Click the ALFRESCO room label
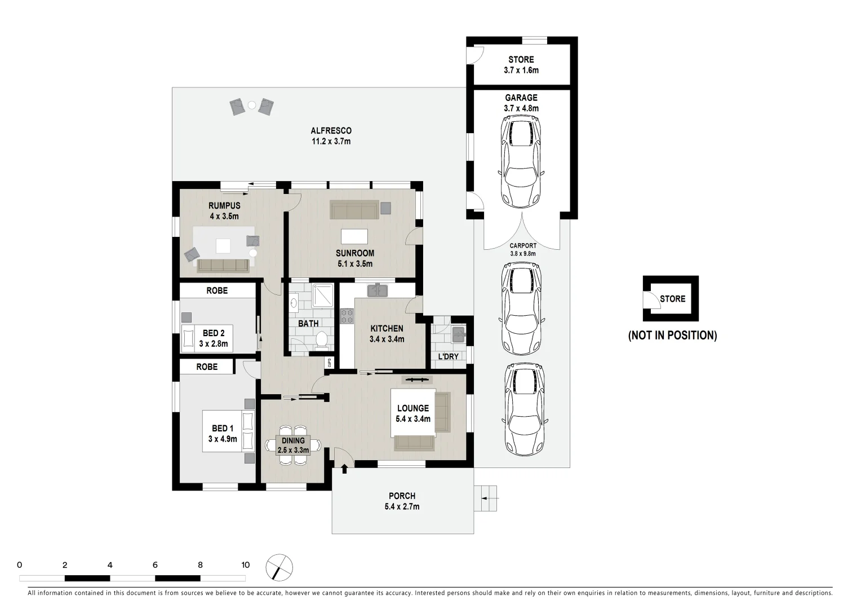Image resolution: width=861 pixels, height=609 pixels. pyautogui.click(x=331, y=131)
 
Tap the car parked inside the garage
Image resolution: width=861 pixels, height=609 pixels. pyautogui.click(x=522, y=162)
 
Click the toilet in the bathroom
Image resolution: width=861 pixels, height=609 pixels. pyautogui.click(x=322, y=340)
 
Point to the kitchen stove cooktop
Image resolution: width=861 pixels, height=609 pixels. pyautogui.click(x=347, y=316)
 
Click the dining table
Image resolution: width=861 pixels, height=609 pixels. pyautogui.click(x=293, y=445)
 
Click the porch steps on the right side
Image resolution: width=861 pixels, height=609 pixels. pyautogui.click(x=486, y=498)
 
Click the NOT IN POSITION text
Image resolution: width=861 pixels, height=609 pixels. pyautogui.click(x=672, y=336)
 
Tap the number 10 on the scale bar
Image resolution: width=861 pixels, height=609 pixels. pyautogui.click(x=245, y=565)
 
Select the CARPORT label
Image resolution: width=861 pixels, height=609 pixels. pyautogui.click(x=523, y=246)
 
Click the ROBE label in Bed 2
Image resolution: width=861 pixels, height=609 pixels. pyautogui.click(x=217, y=290)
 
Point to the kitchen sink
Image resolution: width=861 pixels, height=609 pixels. pyautogui.click(x=377, y=291)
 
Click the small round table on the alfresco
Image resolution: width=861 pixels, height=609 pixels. pyautogui.click(x=252, y=104)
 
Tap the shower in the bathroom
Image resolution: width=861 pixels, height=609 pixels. pyautogui.click(x=321, y=295)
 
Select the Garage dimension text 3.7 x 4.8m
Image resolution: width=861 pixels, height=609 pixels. pyautogui.click(x=521, y=108)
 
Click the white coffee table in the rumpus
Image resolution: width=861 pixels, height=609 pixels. pyautogui.click(x=223, y=246)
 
